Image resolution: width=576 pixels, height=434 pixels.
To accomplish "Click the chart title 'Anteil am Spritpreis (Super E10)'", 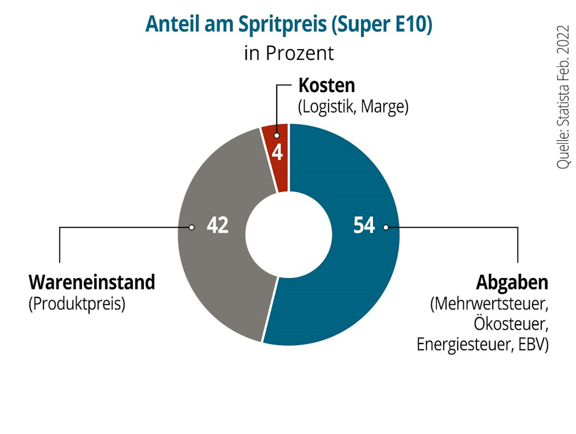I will (289, 24).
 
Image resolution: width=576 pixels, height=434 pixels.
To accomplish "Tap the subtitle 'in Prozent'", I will (289, 53).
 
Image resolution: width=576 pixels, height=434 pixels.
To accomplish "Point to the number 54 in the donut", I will (364, 225).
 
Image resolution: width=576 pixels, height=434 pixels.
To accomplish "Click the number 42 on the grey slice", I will (218, 225).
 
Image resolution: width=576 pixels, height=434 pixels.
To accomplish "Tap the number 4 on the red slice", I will (277, 152).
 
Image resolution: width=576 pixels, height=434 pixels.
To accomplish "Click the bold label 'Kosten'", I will (326, 86).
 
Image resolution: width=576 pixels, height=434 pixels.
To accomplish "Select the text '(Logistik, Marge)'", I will (353, 107).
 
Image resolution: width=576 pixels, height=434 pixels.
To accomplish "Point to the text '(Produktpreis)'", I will (77, 304).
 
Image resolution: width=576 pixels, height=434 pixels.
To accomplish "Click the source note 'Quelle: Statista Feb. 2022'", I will (563, 97).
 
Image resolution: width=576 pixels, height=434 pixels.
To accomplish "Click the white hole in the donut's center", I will (289, 235).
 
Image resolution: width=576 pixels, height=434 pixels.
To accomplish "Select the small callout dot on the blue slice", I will (386, 227).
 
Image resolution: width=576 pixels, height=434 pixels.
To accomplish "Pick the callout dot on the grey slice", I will (192, 227).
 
